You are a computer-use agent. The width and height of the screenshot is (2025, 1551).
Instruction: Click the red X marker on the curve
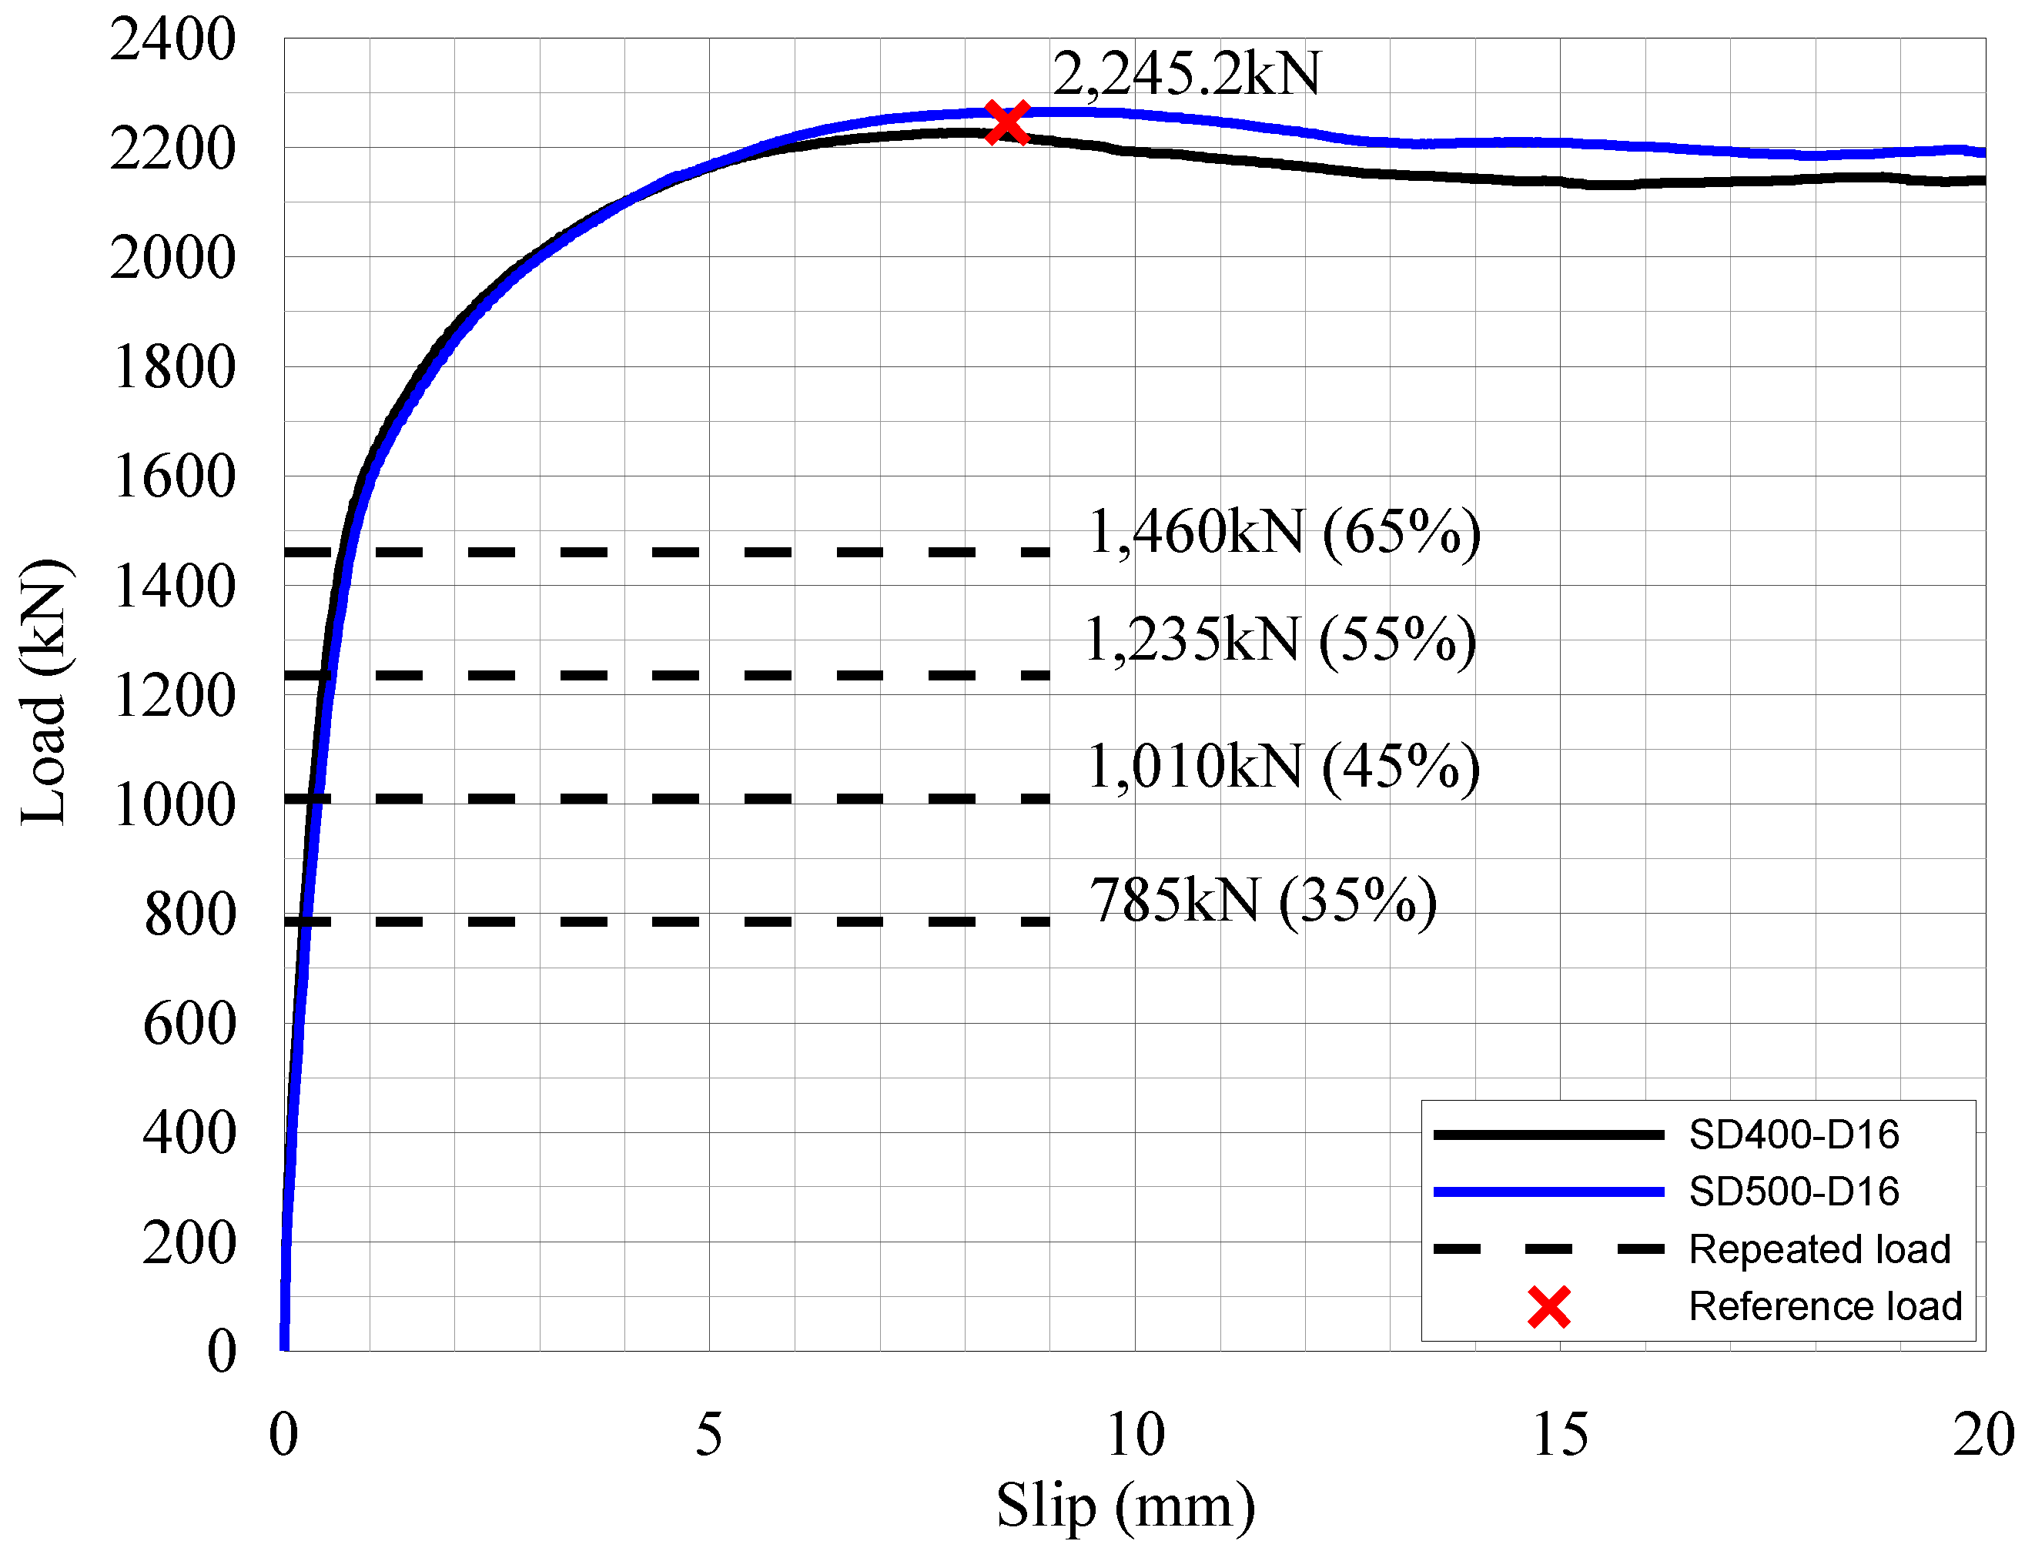pos(1006,122)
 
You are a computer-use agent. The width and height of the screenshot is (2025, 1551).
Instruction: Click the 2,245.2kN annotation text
pos(1187,74)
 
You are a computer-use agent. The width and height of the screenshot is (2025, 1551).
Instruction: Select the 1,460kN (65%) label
pos(1284,533)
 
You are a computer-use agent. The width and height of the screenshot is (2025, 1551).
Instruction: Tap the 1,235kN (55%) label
pos(1280,640)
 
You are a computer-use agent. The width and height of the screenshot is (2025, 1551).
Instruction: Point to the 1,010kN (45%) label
pos(1284,767)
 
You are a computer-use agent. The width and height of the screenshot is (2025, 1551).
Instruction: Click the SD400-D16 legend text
pos(1793,1135)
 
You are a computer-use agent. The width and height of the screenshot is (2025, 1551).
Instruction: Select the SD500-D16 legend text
pos(1793,1192)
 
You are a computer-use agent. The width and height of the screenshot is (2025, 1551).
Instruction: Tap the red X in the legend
pos(1548,1307)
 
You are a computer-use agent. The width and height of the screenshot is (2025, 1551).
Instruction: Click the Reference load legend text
pos(1825,1306)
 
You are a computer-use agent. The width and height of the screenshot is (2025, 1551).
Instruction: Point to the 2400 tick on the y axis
pos(172,41)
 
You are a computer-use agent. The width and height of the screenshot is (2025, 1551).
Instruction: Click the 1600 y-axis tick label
pos(172,477)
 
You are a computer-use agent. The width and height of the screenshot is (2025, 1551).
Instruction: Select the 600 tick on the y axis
pos(189,1024)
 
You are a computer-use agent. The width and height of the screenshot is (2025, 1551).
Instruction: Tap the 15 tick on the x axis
pos(1561,1436)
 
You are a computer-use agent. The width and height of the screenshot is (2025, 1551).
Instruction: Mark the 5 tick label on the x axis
pos(709,1436)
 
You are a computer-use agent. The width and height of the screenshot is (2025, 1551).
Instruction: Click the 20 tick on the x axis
pos(1983,1436)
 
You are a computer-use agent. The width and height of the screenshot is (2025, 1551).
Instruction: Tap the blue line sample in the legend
pos(1548,1192)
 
